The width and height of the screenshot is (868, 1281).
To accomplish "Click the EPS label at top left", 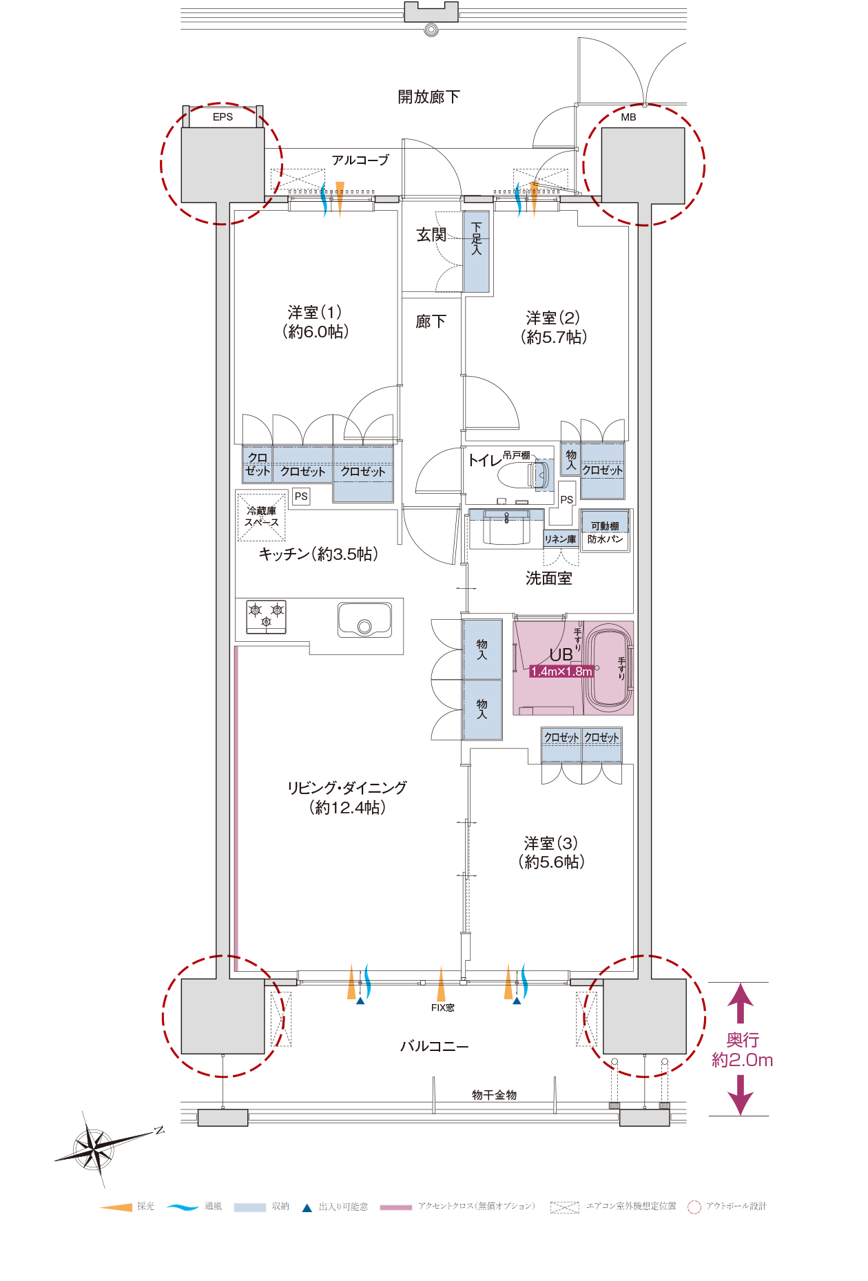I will coord(223,117).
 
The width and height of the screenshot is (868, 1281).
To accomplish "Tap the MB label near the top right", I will coord(628,117).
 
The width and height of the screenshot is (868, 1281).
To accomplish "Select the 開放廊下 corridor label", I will coord(428,96).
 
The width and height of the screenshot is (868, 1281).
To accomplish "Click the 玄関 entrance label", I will coord(431,235).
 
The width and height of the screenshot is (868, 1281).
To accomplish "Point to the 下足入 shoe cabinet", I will coord(476,251).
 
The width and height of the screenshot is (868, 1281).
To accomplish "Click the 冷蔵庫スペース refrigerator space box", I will coord(261,516).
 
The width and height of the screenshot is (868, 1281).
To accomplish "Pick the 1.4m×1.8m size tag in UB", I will coord(561,671).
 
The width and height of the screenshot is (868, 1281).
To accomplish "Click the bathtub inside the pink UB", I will coord(608,667).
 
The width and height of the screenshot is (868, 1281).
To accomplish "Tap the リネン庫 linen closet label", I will coord(560,539).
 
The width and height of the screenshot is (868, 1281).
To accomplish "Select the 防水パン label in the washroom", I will coord(605,539).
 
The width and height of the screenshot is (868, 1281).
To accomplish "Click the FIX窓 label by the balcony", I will coord(442,1008).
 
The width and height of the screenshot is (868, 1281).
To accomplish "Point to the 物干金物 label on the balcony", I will coord(494,1094).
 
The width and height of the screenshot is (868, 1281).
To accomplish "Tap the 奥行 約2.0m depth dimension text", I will coord(742,1050).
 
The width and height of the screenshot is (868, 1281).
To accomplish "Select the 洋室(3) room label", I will coord(550,852).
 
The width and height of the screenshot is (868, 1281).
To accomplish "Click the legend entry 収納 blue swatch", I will coord(249,1207).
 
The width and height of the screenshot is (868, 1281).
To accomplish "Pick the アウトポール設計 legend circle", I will coord(694,1207).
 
